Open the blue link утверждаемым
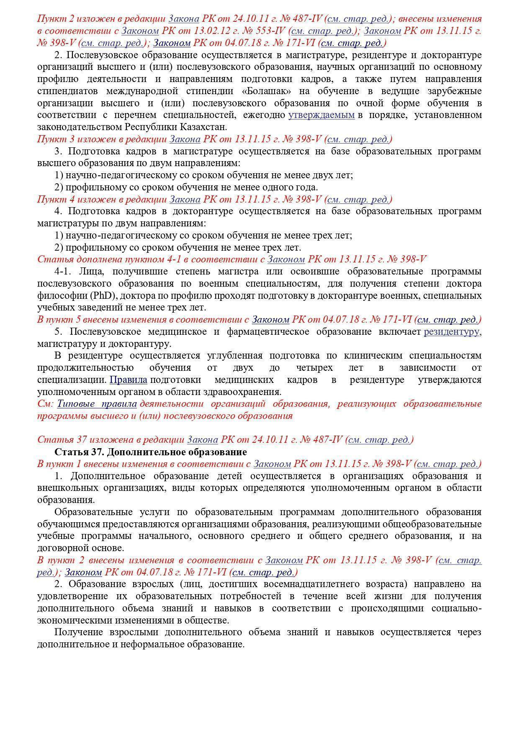tap(321, 115)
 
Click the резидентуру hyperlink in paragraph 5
tap(452, 332)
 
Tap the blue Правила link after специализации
tap(128, 380)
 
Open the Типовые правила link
tap(97, 404)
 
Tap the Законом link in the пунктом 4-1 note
tap(286, 259)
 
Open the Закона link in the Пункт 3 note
tap(185, 139)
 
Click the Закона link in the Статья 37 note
tap(202, 440)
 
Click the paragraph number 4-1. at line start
tap(64, 272)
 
